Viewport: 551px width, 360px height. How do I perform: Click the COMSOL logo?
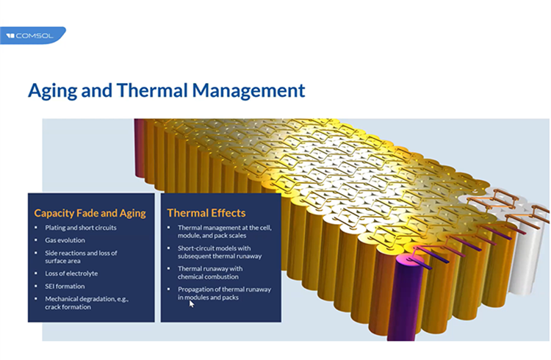(32, 35)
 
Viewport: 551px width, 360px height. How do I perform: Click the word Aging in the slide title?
(52, 90)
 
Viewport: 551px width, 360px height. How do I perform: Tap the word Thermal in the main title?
(152, 90)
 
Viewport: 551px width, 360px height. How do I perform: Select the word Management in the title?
(248, 90)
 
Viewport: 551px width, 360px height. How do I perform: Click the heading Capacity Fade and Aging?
(90, 213)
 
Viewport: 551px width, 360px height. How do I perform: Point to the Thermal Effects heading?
(206, 213)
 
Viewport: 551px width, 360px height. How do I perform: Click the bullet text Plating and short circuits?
(81, 228)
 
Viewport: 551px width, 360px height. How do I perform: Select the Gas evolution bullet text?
(65, 240)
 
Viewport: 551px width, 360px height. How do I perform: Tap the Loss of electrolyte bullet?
(71, 273)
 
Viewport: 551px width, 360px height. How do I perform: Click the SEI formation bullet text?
(65, 287)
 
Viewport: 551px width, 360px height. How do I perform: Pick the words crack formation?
(68, 307)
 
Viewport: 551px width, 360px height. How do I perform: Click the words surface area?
(62, 261)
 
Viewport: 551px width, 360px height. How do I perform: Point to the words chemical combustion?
(208, 277)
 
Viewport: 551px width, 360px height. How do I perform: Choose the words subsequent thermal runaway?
(220, 256)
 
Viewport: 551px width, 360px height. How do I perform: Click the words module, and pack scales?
(212, 236)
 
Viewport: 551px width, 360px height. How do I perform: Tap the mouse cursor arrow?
(192, 303)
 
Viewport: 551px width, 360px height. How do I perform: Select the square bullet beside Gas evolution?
(36, 240)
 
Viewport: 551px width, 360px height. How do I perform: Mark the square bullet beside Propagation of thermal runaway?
(169, 289)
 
